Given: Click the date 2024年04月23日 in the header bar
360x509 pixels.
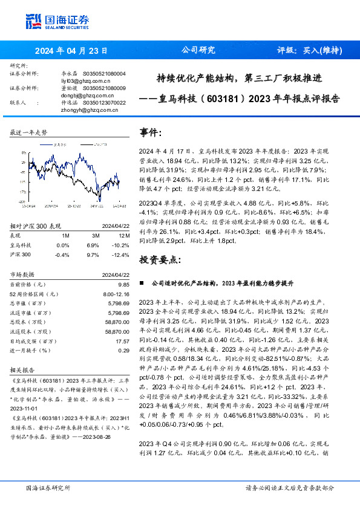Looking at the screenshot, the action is click(x=71, y=51).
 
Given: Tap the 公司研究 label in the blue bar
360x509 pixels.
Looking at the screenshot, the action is click(x=198, y=51).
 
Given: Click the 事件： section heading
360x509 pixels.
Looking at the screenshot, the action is click(x=151, y=131).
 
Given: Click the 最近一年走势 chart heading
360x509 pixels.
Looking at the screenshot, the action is click(x=28, y=132).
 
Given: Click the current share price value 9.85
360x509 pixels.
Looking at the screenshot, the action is click(x=124, y=284).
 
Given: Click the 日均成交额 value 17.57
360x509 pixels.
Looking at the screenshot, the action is click(x=123, y=341).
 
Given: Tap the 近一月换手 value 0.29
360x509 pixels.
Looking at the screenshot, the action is click(x=124, y=350).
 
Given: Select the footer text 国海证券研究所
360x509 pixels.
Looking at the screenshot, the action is click(x=48, y=487).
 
